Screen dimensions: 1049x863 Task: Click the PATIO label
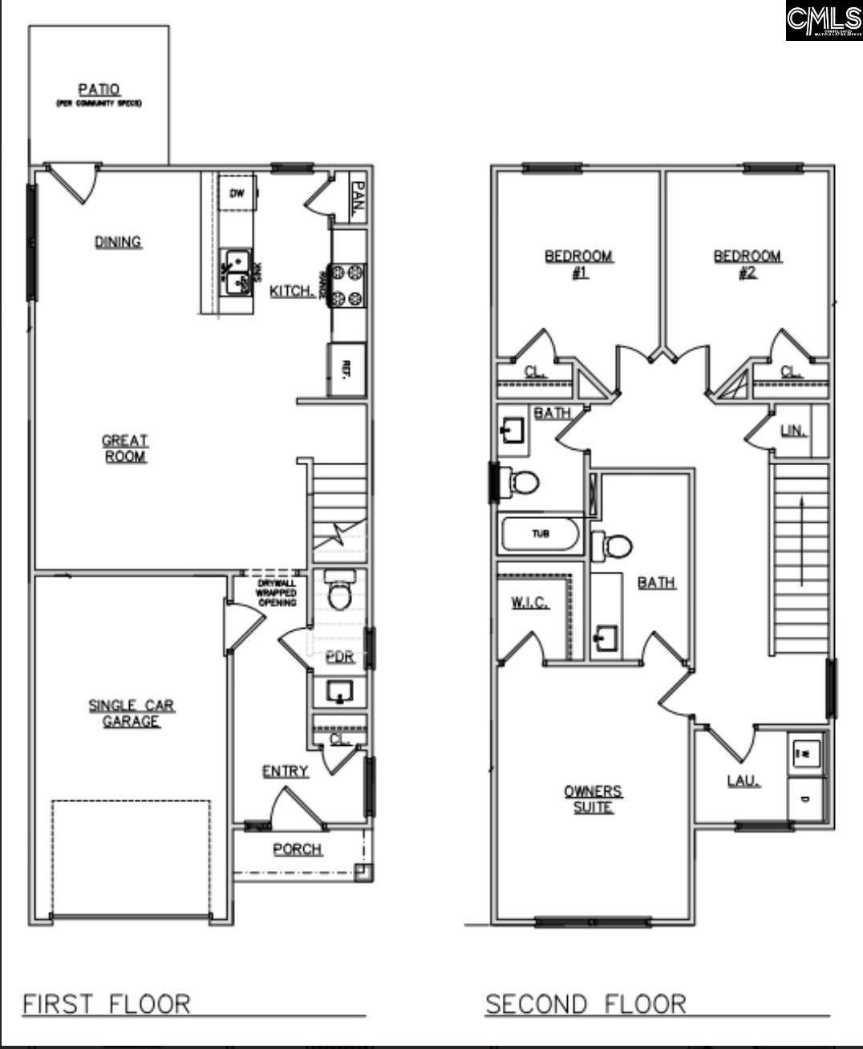99,91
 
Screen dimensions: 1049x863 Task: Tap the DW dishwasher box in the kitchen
237,193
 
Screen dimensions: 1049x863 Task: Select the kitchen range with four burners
347,285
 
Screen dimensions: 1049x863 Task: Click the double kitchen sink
237,272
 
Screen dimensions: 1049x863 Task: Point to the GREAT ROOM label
124,448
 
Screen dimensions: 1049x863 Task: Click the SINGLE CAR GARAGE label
132,713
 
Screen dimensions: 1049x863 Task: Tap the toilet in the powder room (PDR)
340,591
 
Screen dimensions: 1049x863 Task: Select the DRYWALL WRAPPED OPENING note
276,593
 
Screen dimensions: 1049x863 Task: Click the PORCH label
298,849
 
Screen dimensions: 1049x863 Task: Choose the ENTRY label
286,772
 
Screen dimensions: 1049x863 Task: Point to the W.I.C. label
530,603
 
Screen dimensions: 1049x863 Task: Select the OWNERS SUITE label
593,800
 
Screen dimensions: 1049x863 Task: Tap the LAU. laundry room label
743,780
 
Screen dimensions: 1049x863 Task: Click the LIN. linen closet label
793,431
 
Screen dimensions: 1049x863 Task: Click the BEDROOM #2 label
748,264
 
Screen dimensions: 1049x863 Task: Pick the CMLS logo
824,20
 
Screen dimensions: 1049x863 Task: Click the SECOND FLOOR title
586,1004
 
